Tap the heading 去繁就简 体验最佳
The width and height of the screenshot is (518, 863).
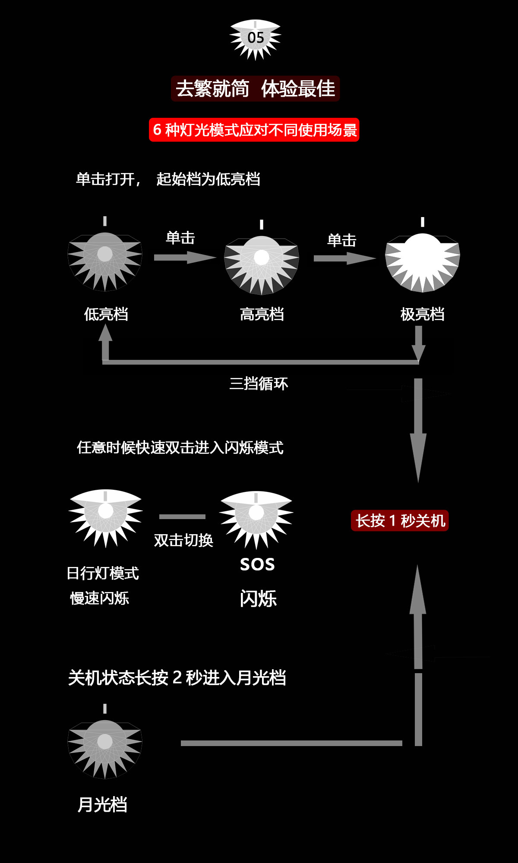click(x=255, y=89)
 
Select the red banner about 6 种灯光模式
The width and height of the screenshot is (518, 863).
click(x=254, y=130)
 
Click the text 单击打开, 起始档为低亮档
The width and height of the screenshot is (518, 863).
click(x=168, y=179)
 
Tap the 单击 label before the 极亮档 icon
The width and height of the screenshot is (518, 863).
click(x=341, y=240)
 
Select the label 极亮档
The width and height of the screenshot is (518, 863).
click(x=422, y=314)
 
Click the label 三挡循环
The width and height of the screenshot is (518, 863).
click(x=259, y=383)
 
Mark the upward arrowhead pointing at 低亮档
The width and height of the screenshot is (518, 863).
click(x=105, y=333)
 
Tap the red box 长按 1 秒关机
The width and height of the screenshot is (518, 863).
click(x=400, y=521)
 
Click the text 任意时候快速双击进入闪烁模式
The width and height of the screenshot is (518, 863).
click(x=180, y=447)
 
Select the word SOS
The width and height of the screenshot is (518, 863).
click(x=257, y=564)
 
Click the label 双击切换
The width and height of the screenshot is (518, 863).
click(x=183, y=540)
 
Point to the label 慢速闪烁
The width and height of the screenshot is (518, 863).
click(x=100, y=598)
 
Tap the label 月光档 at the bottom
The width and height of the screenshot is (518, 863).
click(x=102, y=805)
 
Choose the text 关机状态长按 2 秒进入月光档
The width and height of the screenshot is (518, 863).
click(x=177, y=677)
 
